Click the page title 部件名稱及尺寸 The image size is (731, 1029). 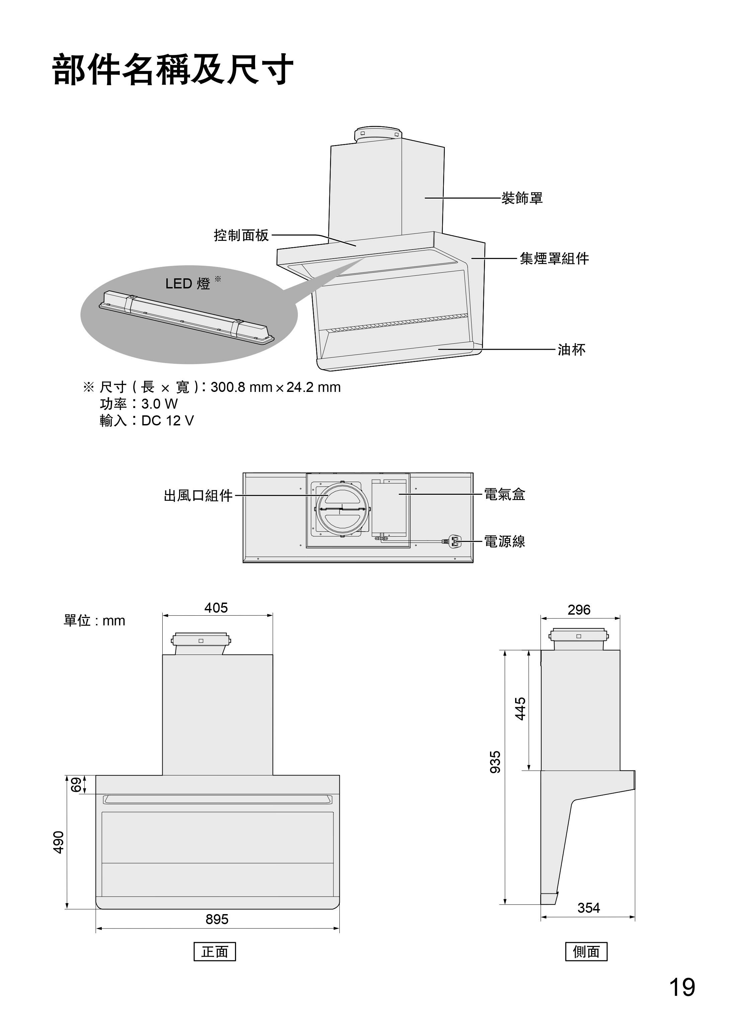click(x=173, y=70)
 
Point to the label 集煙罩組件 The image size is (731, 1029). click(x=554, y=259)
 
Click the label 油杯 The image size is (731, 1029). click(x=572, y=349)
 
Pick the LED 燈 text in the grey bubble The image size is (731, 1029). click(x=188, y=284)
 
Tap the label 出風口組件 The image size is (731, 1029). click(x=198, y=496)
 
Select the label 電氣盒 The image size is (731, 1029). click(x=505, y=494)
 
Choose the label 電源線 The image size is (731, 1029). click(x=505, y=541)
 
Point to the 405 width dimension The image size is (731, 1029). click(x=216, y=608)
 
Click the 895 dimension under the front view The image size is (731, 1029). click(x=217, y=919)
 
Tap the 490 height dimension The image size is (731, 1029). click(x=59, y=842)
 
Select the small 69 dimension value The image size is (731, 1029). click(x=77, y=784)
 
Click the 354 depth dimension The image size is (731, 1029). click(x=589, y=908)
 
